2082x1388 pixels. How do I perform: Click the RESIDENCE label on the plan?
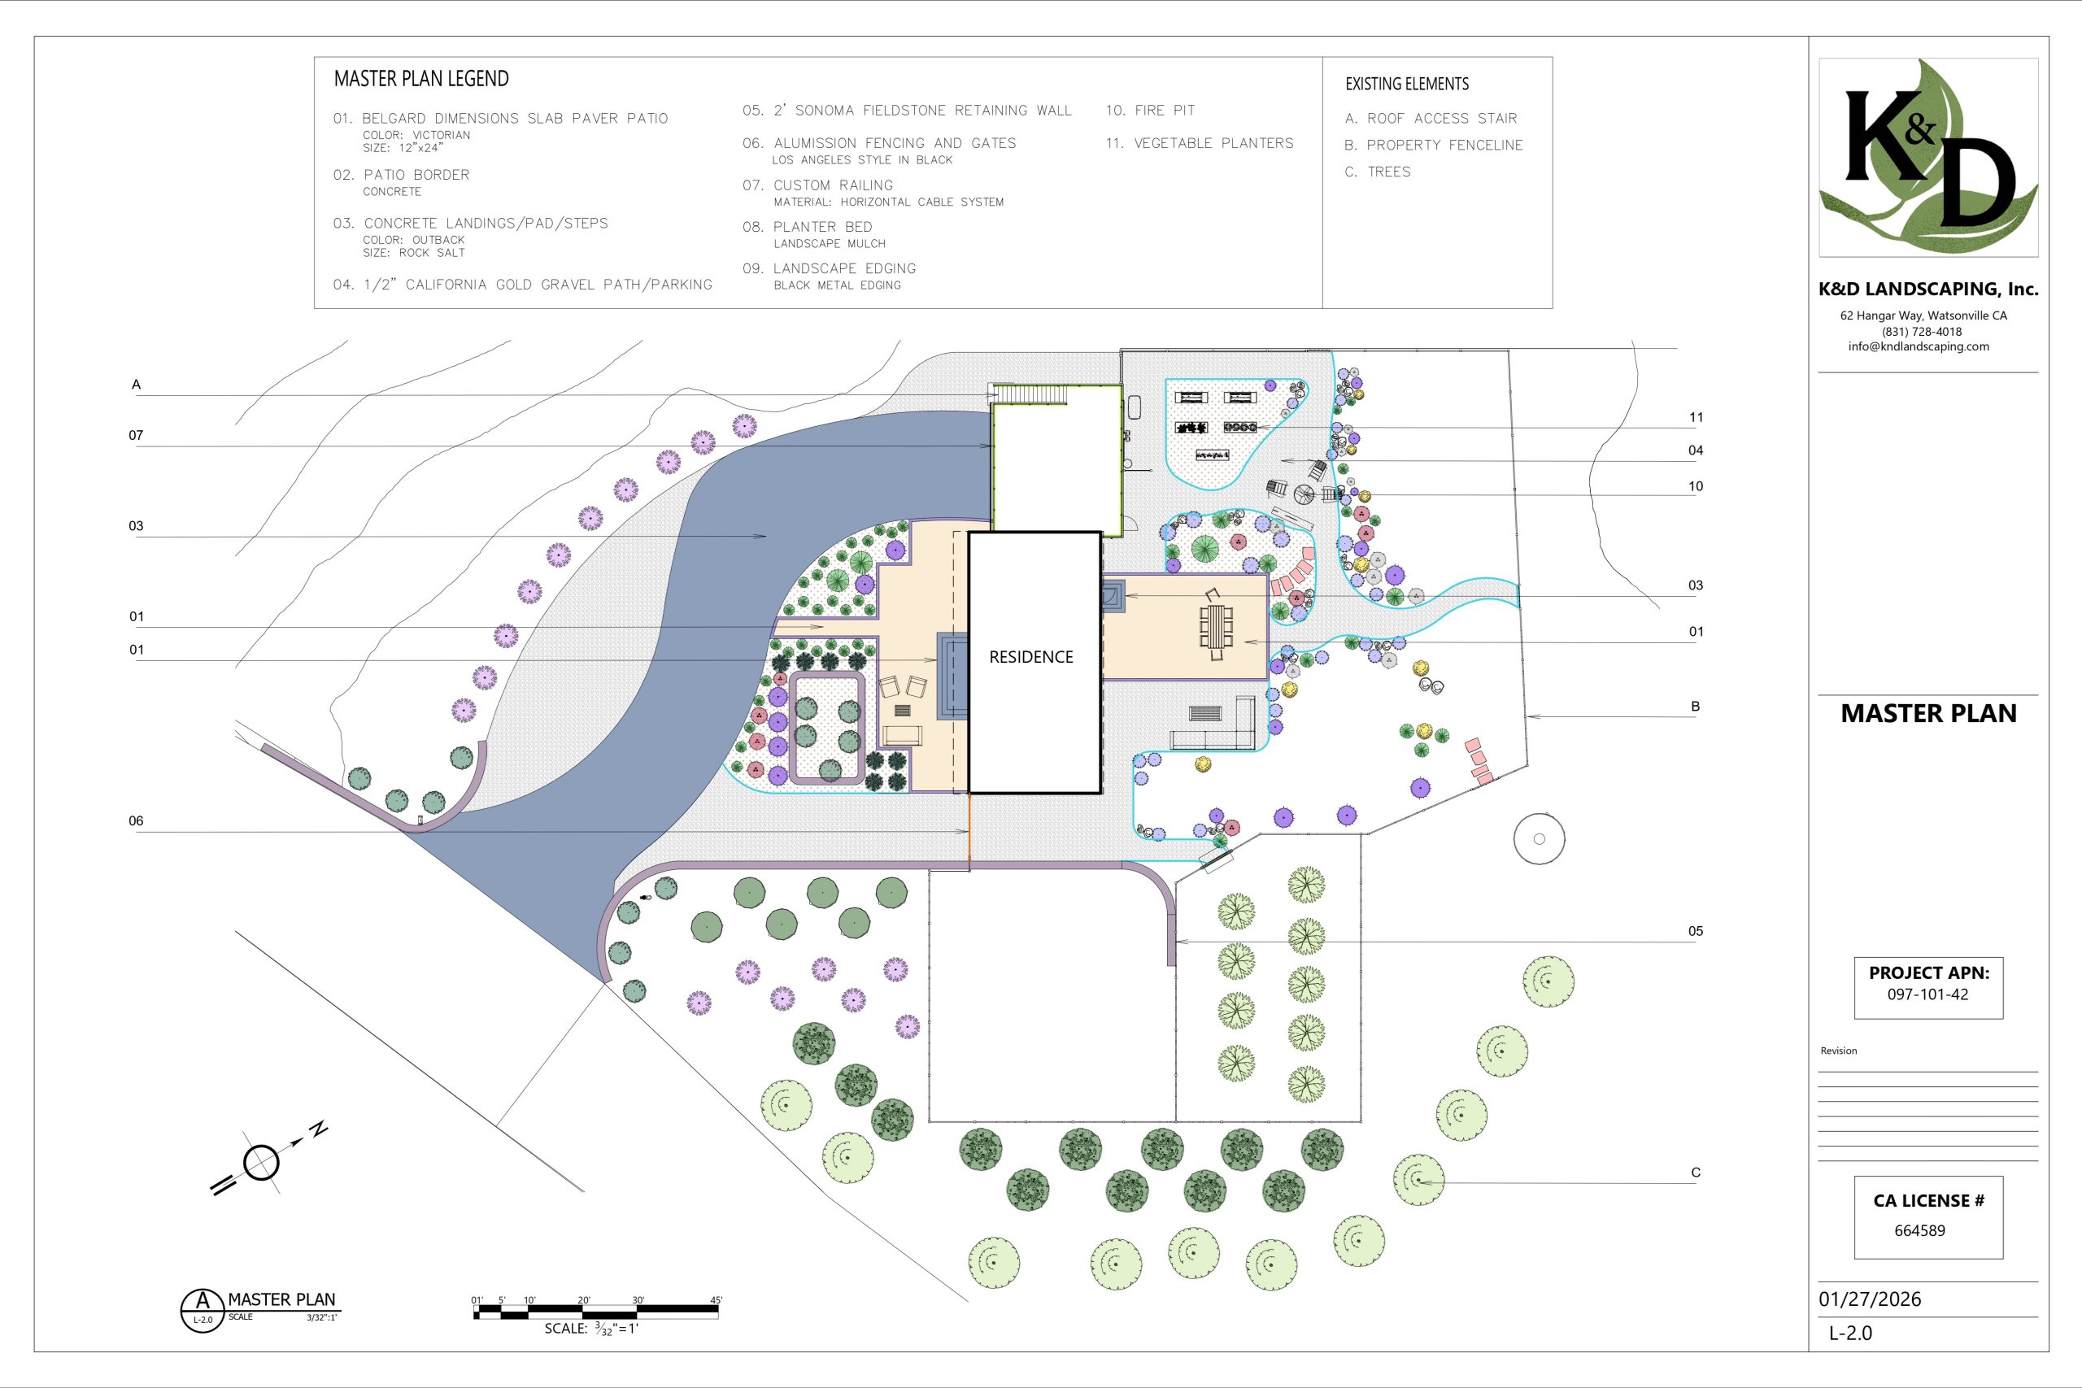(1030, 657)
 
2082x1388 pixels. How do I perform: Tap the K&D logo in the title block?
(1928, 158)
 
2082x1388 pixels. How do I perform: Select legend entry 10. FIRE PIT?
(1150, 111)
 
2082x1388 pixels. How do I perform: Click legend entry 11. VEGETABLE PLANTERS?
(1200, 143)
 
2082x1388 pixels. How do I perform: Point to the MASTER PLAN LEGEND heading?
(421, 79)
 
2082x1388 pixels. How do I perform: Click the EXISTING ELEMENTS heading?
(1407, 84)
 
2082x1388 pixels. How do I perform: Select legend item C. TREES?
(1378, 172)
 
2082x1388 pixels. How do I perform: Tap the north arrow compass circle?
(261, 1162)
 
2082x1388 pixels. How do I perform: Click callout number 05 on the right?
(1695, 931)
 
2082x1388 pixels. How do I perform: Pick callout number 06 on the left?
(136, 820)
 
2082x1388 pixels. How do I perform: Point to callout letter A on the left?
(137, 384)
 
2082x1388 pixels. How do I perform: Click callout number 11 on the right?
(1695, 417)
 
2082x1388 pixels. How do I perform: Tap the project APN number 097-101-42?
(1927, 994)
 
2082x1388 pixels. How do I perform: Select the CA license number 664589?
(1919, 1230)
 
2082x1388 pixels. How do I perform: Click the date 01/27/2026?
(1870, 1299)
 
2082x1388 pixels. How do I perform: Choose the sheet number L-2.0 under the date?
(1850, 1334)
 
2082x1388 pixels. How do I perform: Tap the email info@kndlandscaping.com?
(1919, 346)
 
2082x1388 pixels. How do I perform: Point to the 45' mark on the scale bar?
(717, 1300)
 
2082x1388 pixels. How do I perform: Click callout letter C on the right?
(1695, 1172)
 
